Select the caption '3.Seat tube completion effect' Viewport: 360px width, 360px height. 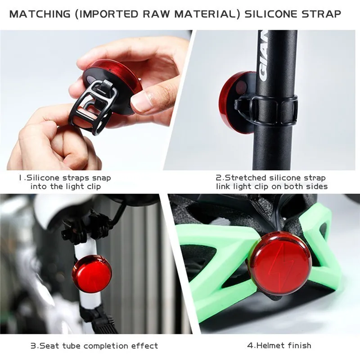(x=94, y=346)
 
